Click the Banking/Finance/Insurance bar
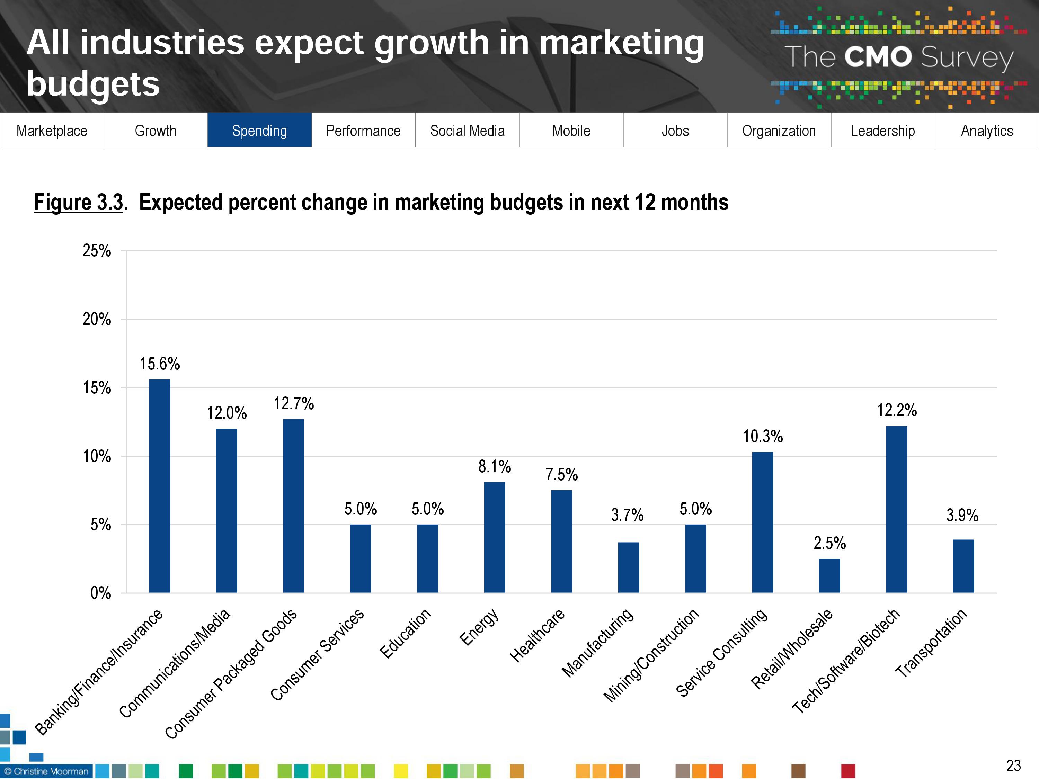(x=159, y=486)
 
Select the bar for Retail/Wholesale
(x=829, y=576)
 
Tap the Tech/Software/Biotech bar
(x=896, y=510)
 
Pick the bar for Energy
(x=494, y=537)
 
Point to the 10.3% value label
(x=762, y=437)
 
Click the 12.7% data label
(x=294, y=403)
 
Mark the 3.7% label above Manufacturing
(x=627, y=515)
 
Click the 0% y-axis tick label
(x=100, y=593)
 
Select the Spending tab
(x=259, y=131)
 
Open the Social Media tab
(x=467, y=131)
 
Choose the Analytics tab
(x=987, y=131)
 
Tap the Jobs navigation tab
(x=675, y=131)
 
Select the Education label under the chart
(x=405, y=634)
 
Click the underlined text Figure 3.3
(x=78, y=203)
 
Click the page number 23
(x=1013, y=765)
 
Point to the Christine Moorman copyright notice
(x=46, y=771)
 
